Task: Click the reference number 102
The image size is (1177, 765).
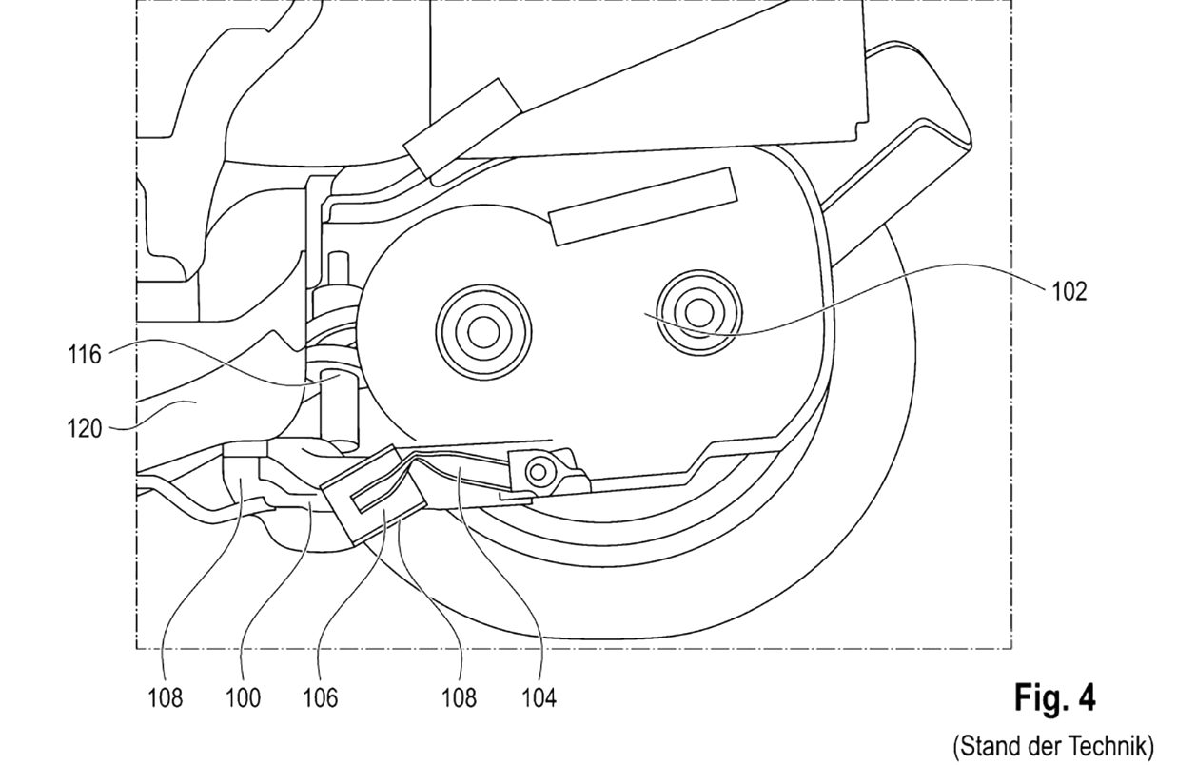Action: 1069,291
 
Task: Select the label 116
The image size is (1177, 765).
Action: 84,355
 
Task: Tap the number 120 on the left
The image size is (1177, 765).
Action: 84,429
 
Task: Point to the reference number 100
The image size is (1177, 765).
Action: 243,698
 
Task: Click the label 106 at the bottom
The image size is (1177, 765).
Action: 320,698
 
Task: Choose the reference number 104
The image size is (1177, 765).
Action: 539,698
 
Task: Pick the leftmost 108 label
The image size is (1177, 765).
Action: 165,698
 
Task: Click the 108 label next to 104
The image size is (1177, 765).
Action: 459,698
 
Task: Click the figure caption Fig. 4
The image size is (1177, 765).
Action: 1054,698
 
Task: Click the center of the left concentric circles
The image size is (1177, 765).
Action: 483,332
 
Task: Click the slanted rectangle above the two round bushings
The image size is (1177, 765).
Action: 642,206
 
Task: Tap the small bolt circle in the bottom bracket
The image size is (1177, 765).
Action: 538,472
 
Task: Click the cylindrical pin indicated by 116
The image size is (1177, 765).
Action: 339,407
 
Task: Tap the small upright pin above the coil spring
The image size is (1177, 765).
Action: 339,269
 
